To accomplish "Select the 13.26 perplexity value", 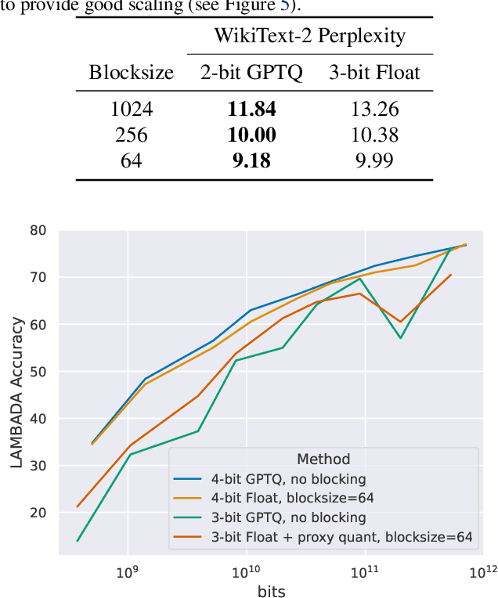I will [x=374, y=110].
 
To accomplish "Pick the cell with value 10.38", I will [x=374, y=135].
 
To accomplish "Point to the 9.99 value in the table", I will [x=374, y=161].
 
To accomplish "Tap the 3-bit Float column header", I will [x=374, y=73].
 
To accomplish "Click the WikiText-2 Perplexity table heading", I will [x=310, y=35].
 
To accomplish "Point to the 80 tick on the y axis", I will [x=38, y=231].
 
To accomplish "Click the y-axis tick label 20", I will [x=38, y=513].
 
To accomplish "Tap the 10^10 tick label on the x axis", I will [x=246, y=571].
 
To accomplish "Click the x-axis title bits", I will [x=271, y=591].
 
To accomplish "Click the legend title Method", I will [x=323, y=459].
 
